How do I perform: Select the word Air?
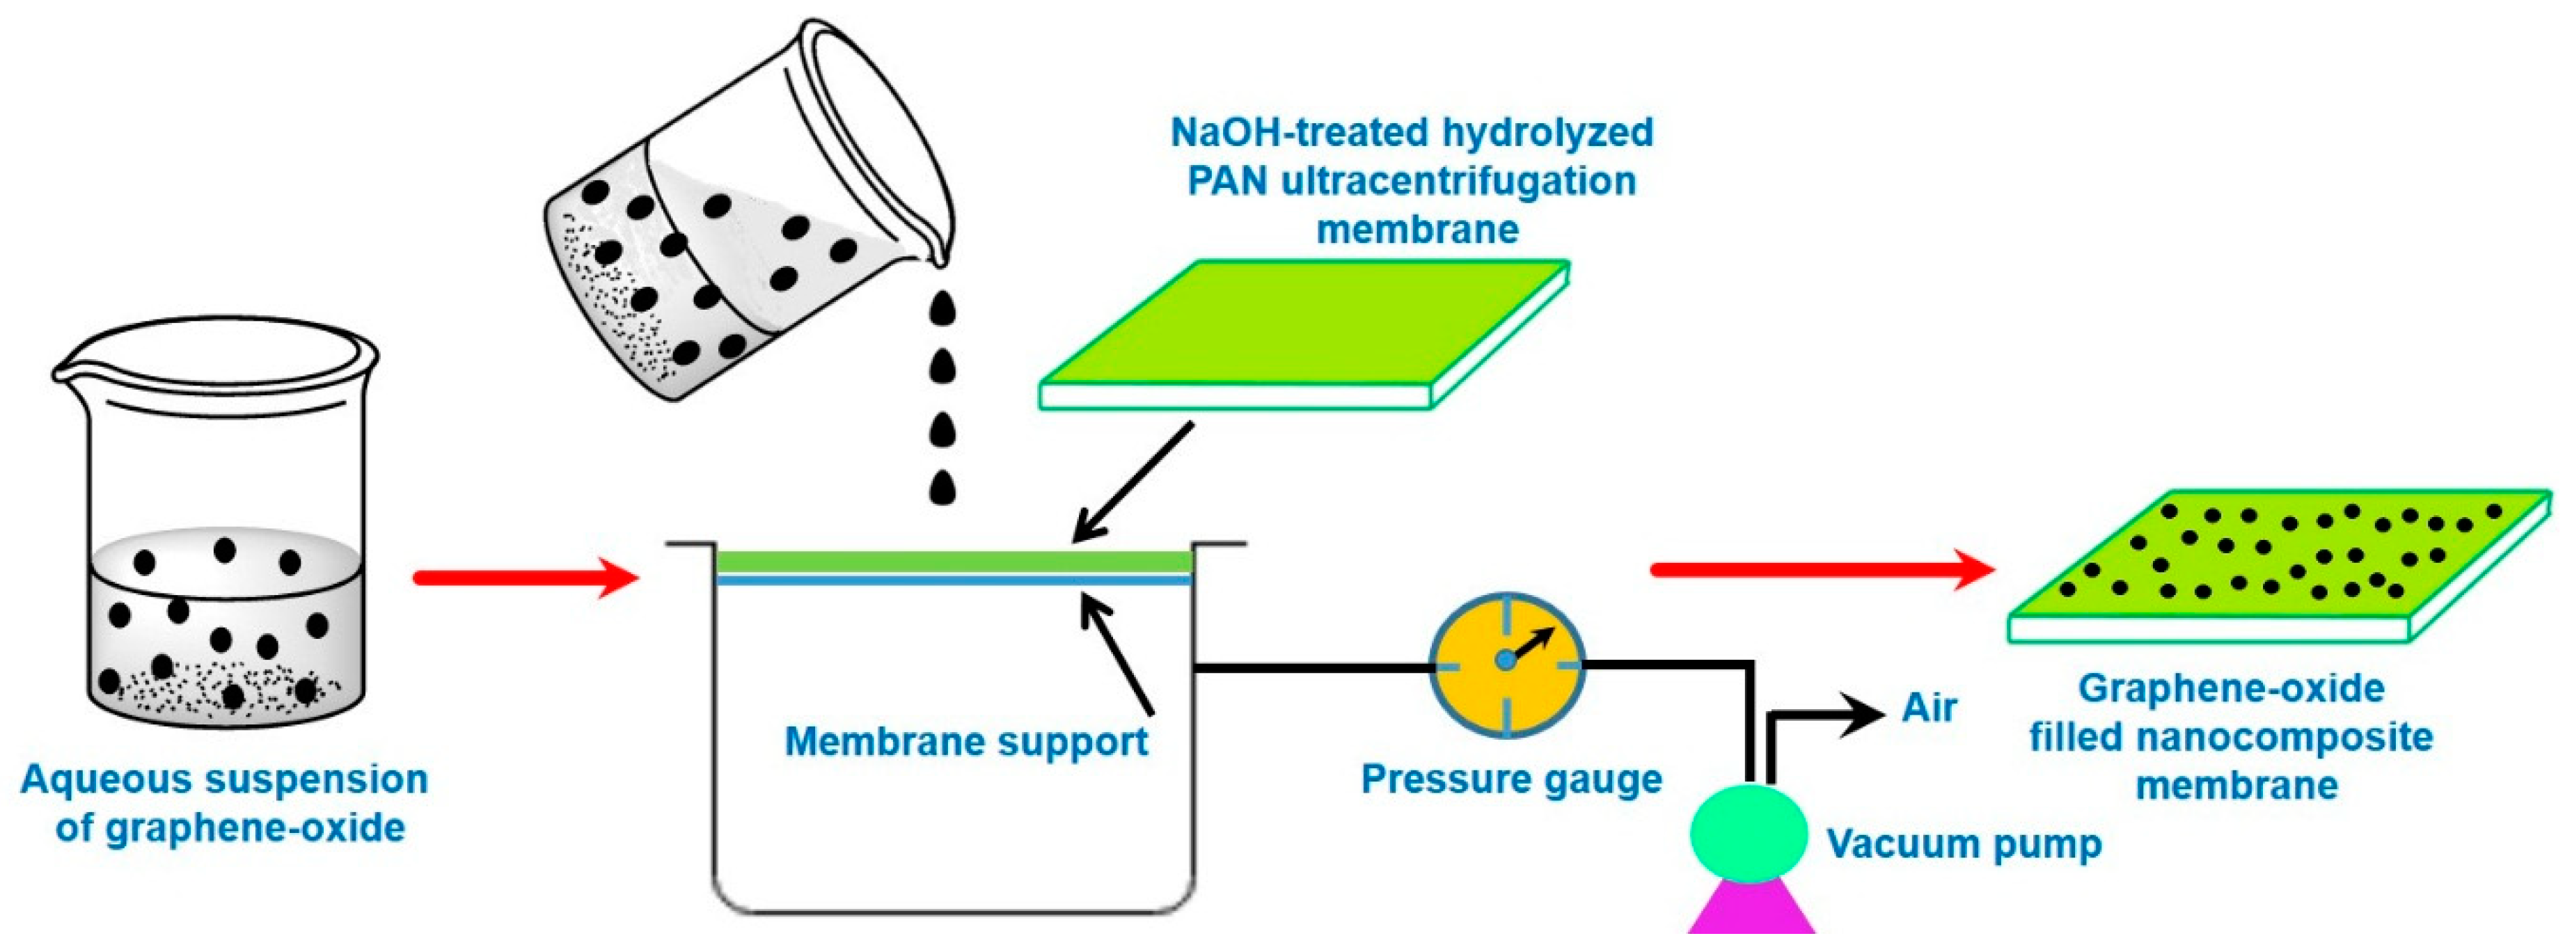[x=1928, y=708]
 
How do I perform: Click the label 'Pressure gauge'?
[x=1510, y=778]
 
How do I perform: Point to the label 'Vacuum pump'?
[x=1964, y=844]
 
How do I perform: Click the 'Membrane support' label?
[x=965, y=741]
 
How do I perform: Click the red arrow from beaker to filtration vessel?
[x=525, y=578]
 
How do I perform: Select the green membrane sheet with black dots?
[x=2276, y=564]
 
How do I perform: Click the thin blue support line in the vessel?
[x=954, y=580]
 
